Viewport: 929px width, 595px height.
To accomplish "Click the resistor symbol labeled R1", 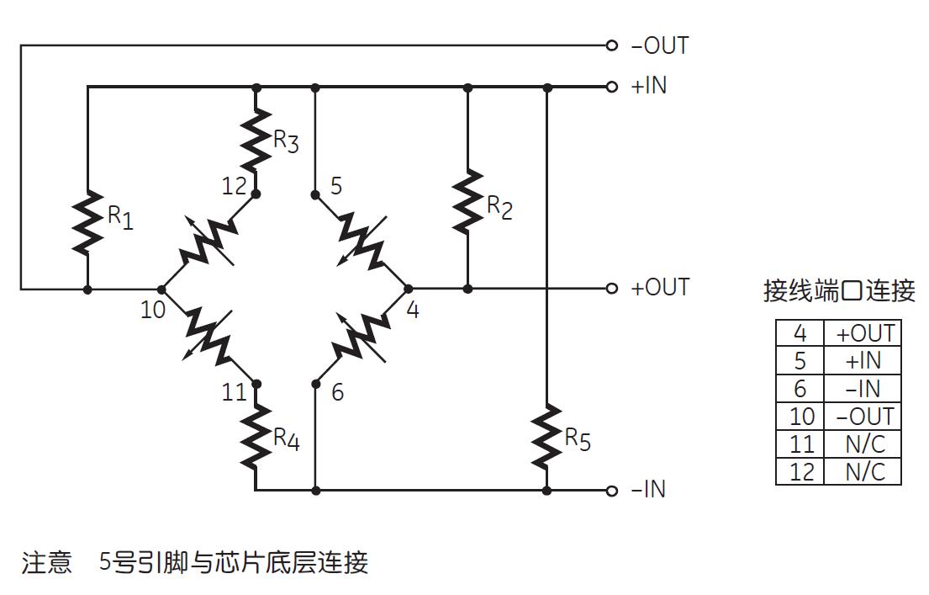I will (87, 221).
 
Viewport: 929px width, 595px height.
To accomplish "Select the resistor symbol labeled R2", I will (467, 201).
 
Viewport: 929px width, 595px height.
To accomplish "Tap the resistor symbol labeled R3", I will (256, 140).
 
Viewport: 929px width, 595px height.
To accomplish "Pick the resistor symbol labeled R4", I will (256, 436).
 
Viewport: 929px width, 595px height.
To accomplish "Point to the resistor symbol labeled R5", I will (546, 436).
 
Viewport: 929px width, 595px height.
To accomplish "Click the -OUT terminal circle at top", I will (612, 45).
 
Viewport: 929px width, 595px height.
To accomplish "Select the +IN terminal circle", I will (612, 87).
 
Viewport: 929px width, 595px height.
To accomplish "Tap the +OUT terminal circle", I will (612, 289).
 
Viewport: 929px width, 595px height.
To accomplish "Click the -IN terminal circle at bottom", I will (612, 490).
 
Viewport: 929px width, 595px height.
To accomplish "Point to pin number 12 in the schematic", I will (235, 186).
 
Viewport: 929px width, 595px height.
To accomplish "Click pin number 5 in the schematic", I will (336, 186).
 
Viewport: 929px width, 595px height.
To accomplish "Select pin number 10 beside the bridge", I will (153, 310).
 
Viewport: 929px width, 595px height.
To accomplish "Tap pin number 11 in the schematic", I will (235, 392).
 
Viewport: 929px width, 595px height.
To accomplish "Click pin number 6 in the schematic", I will (337, 392).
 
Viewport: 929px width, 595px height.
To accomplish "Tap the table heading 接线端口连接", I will (838, 291).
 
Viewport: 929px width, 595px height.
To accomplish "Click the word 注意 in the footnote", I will (47, 562).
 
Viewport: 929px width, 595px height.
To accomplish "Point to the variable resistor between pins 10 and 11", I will (208, 336).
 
